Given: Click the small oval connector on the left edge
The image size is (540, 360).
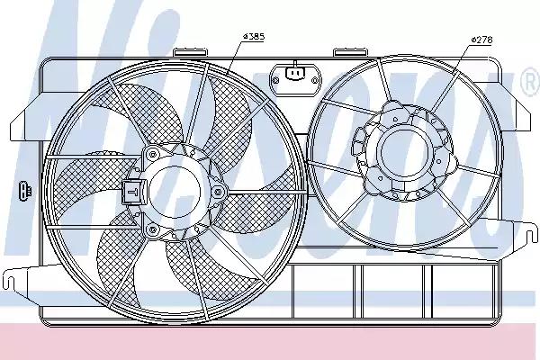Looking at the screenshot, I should (x=22, y=191).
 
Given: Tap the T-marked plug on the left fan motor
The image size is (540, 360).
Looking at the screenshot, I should (x=131, y=191).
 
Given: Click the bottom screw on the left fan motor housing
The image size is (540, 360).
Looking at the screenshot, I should (x=153, y=230).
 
